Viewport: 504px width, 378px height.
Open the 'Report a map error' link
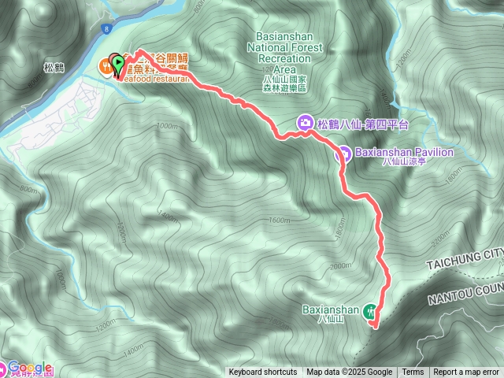(467, 372)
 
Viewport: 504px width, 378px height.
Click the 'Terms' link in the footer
(413, 372)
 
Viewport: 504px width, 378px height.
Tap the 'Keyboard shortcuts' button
(263, 372)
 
